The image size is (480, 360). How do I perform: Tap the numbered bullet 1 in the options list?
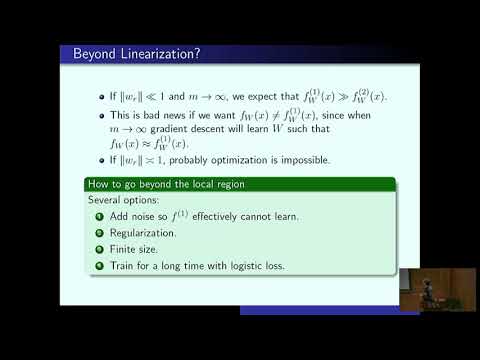(99, 217)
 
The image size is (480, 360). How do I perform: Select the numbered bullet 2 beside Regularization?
(99, 233)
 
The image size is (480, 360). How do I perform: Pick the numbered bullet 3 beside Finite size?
(99, 249)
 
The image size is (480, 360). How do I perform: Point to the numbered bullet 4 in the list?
(99, 265)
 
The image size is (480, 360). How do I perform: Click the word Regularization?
(144, 233)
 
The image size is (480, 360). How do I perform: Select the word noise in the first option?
(152, 217)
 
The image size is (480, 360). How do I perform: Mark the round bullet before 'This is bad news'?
(113, 117)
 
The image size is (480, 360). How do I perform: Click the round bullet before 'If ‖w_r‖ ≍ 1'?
(113, 160)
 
